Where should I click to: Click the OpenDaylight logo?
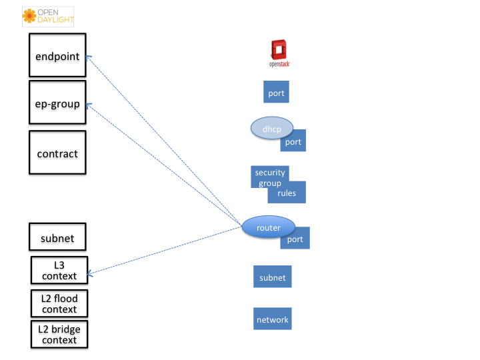(x=48, y=17)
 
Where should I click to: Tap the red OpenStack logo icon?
(x=279, y=49)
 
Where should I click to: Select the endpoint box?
(x=57, y=55)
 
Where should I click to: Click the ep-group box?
(x=57, y=102)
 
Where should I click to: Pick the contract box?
(x=57, y=153)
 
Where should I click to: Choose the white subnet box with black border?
(x=57, y=237)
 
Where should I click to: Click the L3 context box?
(x=59, y=270)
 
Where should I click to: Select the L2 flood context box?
(x=59, y=303)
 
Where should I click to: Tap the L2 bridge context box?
(x=59, y=334)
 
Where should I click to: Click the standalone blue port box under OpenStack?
(x=276, y=92)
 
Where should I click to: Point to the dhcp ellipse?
(x=272, y=128)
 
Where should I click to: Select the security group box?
(x=269, y=177)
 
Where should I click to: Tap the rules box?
(x=287, y=193)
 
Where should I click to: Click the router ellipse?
(x=269, y=227)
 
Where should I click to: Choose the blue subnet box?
(x=273, y=277)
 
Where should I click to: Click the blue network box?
(x=273, y=319)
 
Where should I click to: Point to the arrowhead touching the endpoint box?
(x=89, y=58)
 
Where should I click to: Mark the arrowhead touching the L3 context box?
(x=90, y=273)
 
